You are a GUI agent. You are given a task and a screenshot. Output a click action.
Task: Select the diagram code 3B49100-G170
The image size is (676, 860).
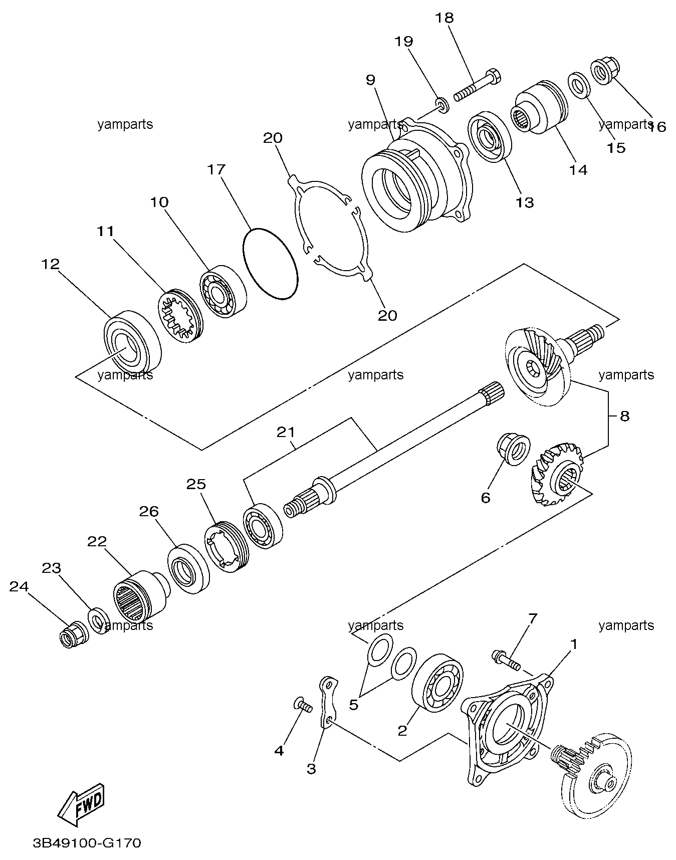coord(87,843)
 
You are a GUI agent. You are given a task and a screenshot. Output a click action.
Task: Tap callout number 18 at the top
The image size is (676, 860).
coord(444,18)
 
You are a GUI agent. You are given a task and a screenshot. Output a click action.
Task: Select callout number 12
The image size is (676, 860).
coord(51,264)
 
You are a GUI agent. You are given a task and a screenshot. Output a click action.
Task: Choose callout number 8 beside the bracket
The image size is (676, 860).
coord(624,416)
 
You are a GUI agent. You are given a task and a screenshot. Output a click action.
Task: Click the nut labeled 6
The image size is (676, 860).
coord(513,449)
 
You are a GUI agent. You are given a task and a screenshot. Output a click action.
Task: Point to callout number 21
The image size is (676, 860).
coord(286,432)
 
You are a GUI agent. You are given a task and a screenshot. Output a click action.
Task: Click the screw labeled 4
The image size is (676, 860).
coord(302,706)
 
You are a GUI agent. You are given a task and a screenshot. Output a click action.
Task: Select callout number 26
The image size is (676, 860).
coord(149,511)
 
